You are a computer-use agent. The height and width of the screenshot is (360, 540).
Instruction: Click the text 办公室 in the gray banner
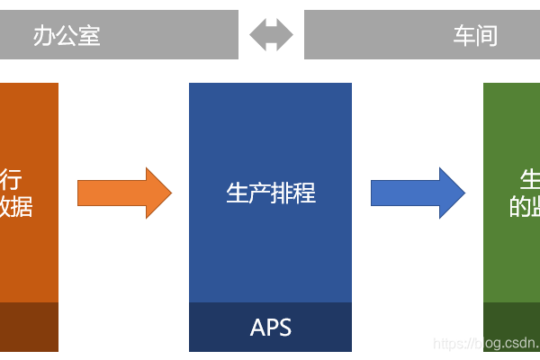(x=67, y=35)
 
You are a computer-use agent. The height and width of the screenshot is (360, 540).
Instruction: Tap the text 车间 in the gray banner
(x=475, y=35)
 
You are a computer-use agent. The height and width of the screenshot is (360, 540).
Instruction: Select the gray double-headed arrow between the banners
(x=271, y=35)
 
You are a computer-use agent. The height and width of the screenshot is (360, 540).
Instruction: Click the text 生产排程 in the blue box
(x=270, y=193)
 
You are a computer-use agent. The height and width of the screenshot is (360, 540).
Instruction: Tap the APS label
(x=270, y=327)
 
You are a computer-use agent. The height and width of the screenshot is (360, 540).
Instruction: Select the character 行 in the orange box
(x=13, y=179)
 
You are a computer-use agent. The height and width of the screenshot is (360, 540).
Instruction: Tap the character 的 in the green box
(x=520, y=207)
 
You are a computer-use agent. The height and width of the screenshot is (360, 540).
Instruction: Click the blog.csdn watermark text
(x=486, y=344)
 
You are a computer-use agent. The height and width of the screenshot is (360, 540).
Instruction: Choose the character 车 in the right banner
(x=463, y=35)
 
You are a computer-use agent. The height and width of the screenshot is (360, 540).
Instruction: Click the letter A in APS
(x=257, y=327)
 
